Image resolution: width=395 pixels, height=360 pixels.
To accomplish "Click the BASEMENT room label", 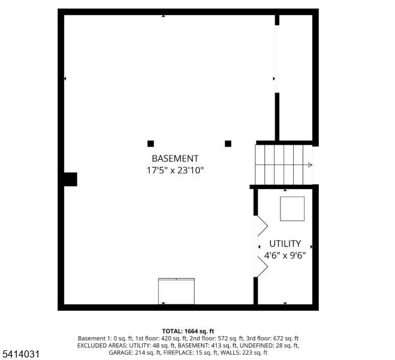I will pyautogui.click(x=175, y=159).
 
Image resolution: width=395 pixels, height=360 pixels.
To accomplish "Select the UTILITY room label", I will pyautogui.click(x=285, y=244).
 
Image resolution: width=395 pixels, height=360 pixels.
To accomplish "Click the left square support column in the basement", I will pyautogui.click(x=150, y=143).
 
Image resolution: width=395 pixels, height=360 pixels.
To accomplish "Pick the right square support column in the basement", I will pyautogui.click(x=228, y=143).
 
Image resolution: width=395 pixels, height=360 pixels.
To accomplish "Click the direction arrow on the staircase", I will pyautogui.click(x=309, y=164).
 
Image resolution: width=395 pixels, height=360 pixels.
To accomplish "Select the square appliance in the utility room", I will pyautogui.click(x=293, y=209).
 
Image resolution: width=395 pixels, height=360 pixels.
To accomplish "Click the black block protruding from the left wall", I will pyautogui.click(x=71, y=179).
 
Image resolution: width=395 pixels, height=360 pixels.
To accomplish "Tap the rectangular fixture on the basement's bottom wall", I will pyautogui.click(x=176, y=291).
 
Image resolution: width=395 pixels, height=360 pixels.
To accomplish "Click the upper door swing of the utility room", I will pyautogui.click(x=262, y=226).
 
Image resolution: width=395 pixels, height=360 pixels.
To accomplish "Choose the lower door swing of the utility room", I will pyautogui.click(x=262, y=264).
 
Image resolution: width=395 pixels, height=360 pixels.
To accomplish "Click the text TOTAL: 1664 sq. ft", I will pyautogui.click(x=188, y=331).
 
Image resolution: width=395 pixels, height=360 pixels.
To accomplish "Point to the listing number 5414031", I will pyautogui.click(x=21, y=355).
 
